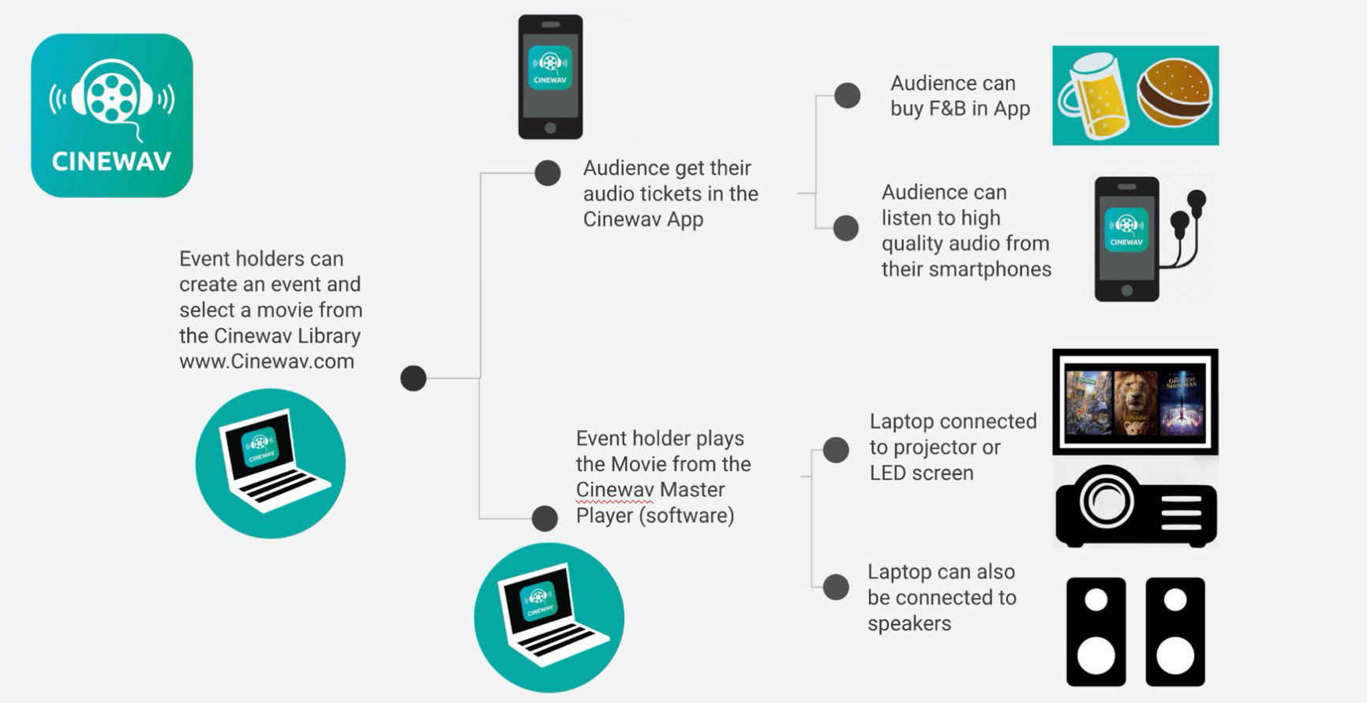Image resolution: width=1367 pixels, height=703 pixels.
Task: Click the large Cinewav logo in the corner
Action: click(112, 115)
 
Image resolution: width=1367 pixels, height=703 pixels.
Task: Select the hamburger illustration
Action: click(1174, 93)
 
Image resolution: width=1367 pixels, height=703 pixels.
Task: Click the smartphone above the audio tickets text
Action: click(550, 77)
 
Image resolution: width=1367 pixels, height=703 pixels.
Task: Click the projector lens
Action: click(1106, 501)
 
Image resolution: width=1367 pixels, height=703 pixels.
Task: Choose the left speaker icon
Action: click(1095, 631)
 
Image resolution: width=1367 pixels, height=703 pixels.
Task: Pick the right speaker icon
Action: click(1175, 631)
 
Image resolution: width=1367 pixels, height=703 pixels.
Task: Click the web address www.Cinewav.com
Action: click(267, 361)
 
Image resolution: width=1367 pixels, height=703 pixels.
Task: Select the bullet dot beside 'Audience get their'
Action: click(547, 173)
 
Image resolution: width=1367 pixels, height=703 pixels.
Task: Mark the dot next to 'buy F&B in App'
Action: click(847, 95)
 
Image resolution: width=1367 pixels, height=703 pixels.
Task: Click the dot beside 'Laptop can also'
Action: click(836, 587)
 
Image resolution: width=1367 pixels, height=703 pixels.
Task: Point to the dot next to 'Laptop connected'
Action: click(836, 450)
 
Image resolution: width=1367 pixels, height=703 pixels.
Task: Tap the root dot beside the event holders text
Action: click(413, 378)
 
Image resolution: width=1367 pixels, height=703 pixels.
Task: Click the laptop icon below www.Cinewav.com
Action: click(271, 463)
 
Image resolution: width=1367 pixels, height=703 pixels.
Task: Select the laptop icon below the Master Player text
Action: click(549, 618)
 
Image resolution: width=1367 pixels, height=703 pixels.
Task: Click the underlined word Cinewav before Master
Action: click(614, 490)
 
